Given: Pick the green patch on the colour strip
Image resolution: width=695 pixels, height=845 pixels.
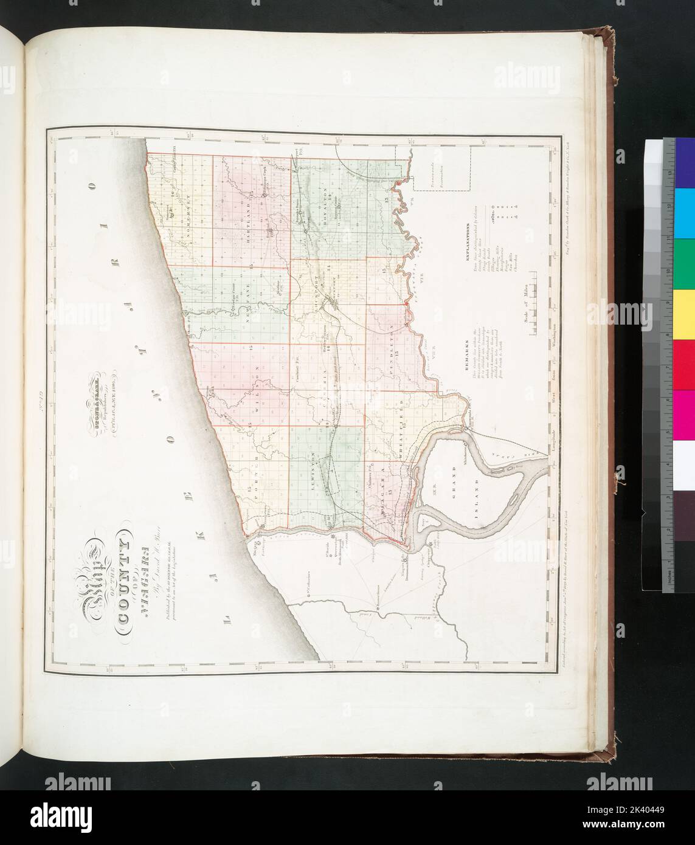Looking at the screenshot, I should coord(685,255).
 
